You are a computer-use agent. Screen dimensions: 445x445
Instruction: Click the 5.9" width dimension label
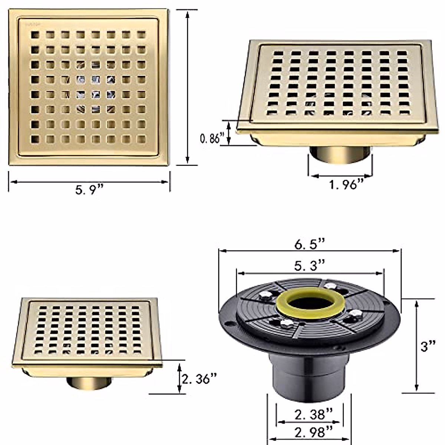coord(89,190)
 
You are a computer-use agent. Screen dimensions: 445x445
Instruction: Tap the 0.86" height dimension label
coord(212,138)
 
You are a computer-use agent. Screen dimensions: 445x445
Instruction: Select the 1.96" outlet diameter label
coord(346,184)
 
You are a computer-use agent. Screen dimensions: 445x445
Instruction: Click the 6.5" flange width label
coord(310,244)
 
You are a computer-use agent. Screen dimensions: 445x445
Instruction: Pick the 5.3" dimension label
coord(310,266)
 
